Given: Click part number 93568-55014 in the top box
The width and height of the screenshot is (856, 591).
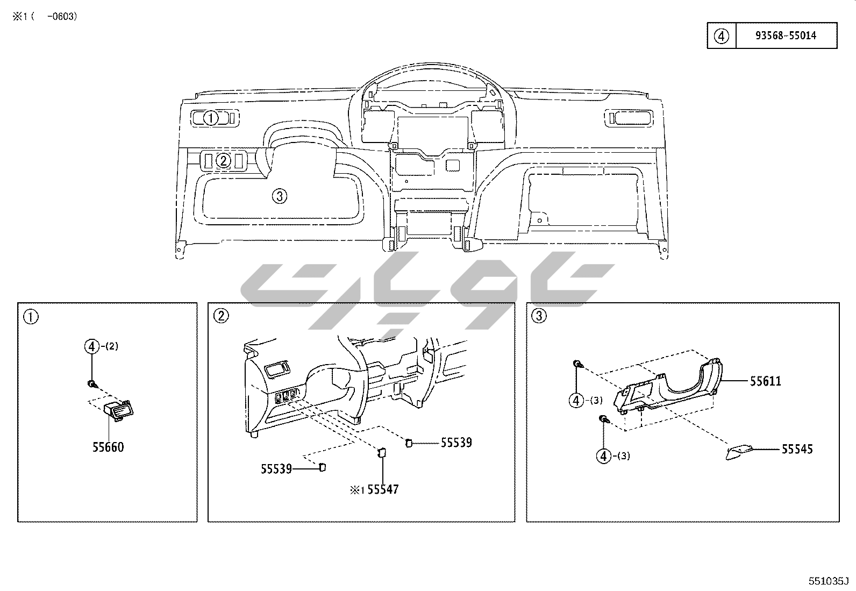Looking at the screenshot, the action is [786, 35].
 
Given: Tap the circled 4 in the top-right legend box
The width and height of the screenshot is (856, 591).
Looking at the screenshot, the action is [721, 36].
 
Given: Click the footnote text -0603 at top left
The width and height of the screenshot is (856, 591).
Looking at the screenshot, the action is [62, 17].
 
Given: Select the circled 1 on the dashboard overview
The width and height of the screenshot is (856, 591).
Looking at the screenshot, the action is [211, 118].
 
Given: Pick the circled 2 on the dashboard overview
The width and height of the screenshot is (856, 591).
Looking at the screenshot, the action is [223, 161].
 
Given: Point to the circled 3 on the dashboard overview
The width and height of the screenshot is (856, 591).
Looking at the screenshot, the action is [280, 196].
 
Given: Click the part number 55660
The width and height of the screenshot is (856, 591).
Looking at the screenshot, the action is [108, 447].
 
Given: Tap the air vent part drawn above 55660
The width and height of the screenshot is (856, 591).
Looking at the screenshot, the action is [119, 410].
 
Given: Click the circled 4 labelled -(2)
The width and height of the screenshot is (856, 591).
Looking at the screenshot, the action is [92, 346].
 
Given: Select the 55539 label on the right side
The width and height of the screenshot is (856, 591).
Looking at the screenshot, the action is [456, 442].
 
